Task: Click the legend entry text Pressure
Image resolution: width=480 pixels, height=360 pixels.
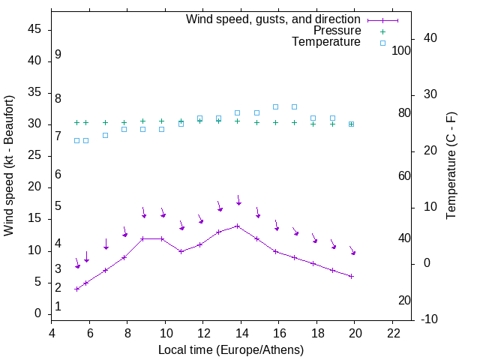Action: (337, 31)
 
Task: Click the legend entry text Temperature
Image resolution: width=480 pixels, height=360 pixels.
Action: (326, 42)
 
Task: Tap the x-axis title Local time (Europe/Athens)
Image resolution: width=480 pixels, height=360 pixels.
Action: (231, 350)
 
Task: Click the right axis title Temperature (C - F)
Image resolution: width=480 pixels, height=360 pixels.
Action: (451, 166)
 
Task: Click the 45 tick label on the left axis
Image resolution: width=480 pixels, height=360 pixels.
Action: (34, 29)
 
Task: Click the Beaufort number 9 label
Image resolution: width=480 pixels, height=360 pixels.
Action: (58, 55)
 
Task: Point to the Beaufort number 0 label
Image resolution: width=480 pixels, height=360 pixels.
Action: (58, 307)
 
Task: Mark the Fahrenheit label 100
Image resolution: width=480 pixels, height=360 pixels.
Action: (402, 50)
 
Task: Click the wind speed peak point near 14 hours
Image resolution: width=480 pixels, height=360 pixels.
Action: (238, 226)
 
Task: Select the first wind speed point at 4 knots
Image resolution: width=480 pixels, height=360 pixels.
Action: (77, 289)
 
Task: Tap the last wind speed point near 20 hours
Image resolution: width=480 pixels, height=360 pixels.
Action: (351, 276)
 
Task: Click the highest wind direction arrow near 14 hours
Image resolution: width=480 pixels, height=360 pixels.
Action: (238, 200)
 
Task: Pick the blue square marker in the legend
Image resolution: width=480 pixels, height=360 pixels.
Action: (382, 43)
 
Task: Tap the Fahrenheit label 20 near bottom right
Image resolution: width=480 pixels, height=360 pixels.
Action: (404, 300)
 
